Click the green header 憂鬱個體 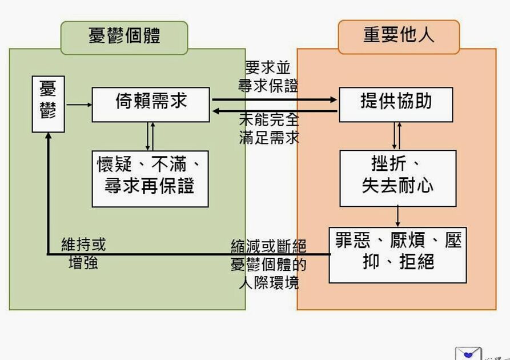click(124, 36)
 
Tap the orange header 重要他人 click(398, 35)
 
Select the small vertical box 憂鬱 click(48, 103)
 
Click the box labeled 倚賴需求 click(151, 104)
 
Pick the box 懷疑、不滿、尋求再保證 click(150, 178)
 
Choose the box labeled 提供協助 click(396, 104)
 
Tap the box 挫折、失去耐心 click(397, 178)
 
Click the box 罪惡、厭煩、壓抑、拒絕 click(397, 254)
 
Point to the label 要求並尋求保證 click(268, 77)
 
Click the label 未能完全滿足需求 click(269, 129)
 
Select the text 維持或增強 click(83, 254)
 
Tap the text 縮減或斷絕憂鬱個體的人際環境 click(268, 264)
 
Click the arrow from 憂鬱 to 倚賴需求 click(79, 105)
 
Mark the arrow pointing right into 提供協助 click(274, 99)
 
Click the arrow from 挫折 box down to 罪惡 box click(397, 216)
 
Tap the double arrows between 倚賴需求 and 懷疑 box click(150, 136)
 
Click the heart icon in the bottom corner click(468, 354)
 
